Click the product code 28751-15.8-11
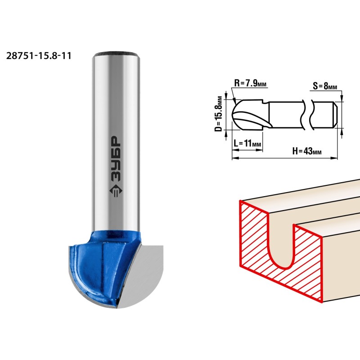39,56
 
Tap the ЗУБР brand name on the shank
116,159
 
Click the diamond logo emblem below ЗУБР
116,190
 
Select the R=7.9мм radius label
250,83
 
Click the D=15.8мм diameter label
219,114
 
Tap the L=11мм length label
247,144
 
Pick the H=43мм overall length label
307,151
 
